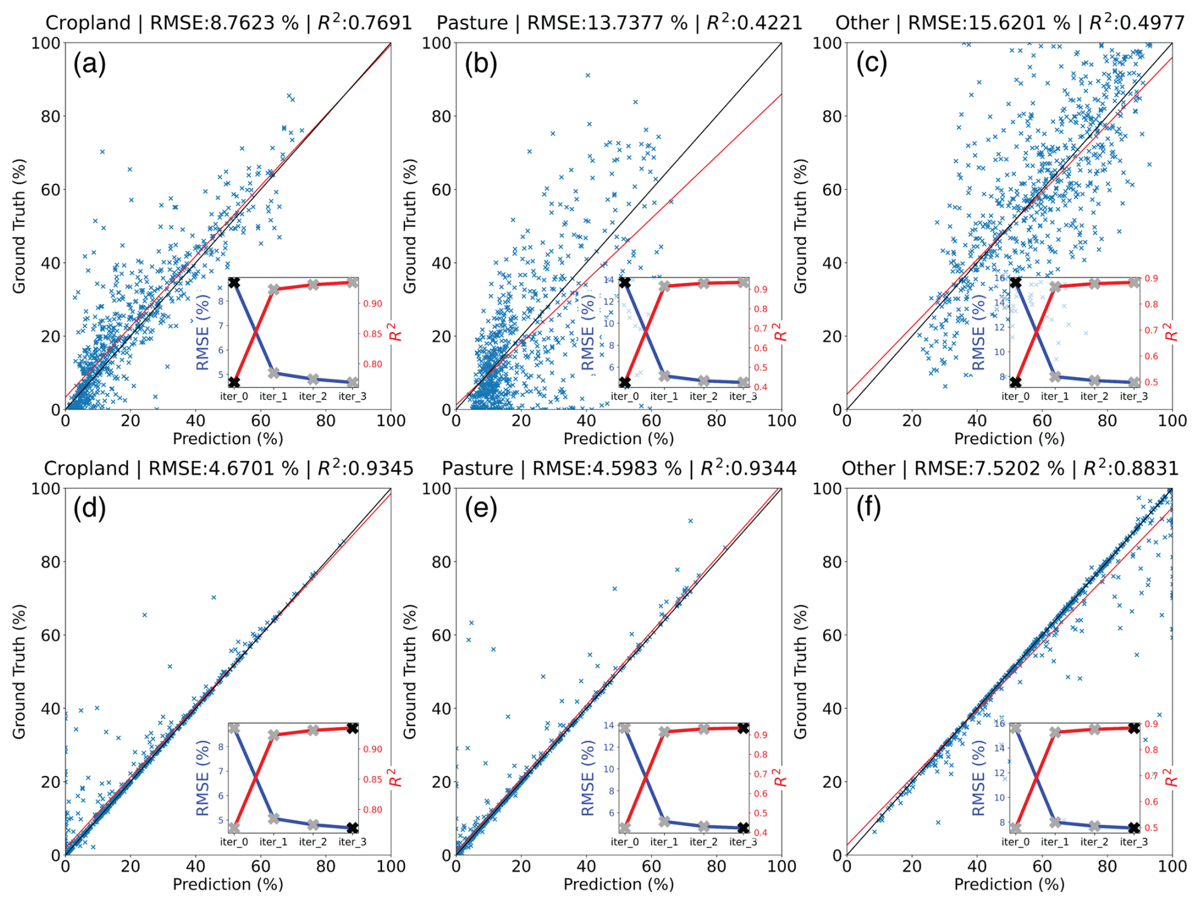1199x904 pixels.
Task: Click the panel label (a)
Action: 89,64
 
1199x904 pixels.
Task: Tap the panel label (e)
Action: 480,509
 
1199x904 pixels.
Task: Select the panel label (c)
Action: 871,64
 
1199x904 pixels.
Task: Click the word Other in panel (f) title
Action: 868,468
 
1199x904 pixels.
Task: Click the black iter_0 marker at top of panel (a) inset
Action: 234,283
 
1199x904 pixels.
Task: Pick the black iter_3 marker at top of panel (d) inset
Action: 352,728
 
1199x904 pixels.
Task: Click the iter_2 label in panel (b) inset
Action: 703,396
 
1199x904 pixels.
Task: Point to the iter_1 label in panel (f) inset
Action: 1055,842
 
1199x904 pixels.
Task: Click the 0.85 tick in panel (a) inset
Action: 373,334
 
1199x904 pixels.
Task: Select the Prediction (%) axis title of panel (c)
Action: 1009,439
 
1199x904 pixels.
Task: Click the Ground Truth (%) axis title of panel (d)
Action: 20,671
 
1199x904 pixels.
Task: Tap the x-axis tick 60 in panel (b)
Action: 651,420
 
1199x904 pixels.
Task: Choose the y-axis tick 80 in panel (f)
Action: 831,562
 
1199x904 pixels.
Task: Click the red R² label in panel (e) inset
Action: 780,777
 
